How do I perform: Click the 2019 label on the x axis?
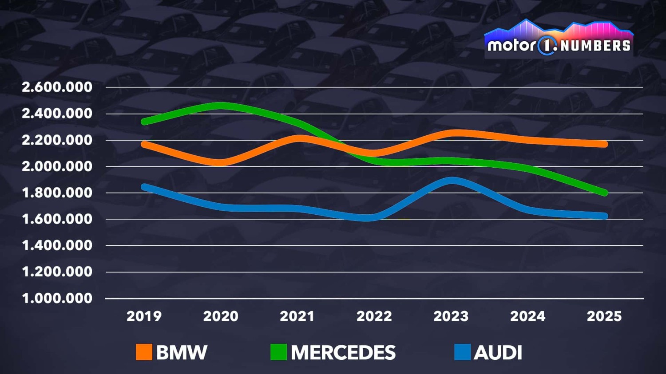144,316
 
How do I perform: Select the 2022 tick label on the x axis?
374,316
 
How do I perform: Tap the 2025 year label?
604,316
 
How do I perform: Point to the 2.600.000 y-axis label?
57,87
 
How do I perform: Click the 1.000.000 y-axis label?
57,299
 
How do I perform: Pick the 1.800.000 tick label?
57,193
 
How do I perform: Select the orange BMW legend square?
144,352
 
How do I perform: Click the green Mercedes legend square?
278,352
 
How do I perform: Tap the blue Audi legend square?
462,352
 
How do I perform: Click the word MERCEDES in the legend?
343,353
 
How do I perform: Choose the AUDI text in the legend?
498,353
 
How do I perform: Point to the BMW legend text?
182,353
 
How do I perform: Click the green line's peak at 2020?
221,106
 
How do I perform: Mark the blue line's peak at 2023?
452,181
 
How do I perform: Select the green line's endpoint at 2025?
604,193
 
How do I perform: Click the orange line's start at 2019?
144,144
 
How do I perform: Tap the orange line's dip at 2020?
221,162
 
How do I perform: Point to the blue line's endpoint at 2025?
604,216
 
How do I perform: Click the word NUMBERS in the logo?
595,46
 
